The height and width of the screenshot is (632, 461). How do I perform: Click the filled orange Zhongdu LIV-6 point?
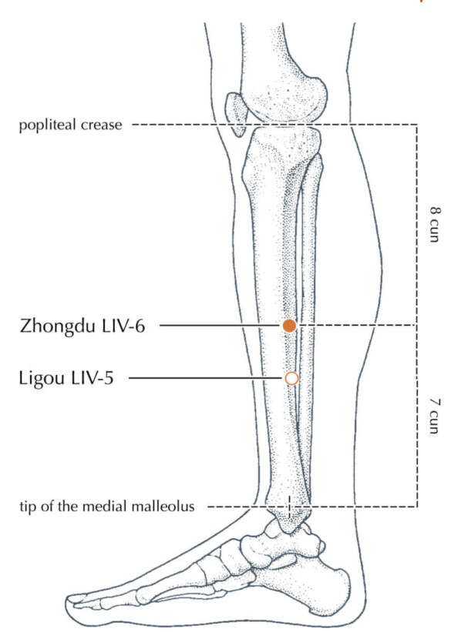point(289,326)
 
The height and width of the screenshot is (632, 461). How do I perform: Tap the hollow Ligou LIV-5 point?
point(291,379)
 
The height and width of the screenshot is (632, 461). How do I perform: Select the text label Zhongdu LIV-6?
point(82,326)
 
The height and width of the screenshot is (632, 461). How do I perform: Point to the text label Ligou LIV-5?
point(66,379)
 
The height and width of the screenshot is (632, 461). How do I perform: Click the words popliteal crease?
point(70,125)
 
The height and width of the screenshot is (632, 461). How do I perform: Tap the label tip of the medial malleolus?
point(107,507)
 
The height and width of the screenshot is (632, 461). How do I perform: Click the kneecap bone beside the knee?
point(237,114)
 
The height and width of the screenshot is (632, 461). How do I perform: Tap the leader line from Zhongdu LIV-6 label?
point(220,326)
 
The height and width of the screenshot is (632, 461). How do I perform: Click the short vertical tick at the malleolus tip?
point(289,507)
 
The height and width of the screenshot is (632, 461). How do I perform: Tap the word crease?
point(101,125)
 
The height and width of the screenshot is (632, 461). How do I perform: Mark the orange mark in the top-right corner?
point(422,2)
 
